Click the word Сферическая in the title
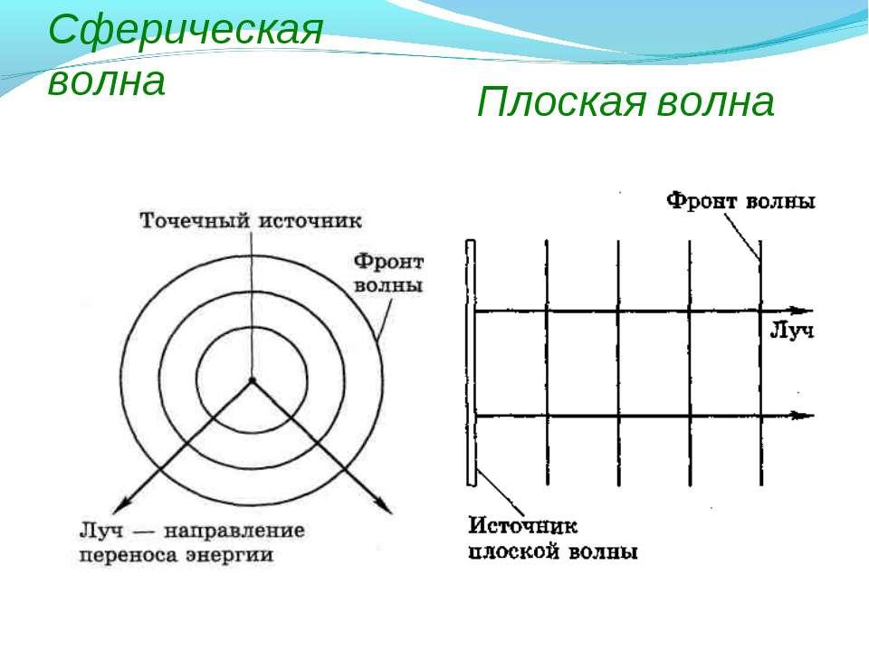186,30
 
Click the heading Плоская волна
625,102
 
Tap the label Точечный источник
251,221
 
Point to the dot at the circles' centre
252,381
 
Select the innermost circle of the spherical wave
252,328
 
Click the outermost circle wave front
252,256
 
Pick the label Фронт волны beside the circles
388,273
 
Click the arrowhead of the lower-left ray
120,504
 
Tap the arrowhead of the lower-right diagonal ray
384,505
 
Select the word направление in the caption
234,531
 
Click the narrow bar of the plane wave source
471,363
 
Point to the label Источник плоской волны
552,538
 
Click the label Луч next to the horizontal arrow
792,331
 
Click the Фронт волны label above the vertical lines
740,200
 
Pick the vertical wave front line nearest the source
547,363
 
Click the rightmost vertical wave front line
760,363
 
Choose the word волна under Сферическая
107,81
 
